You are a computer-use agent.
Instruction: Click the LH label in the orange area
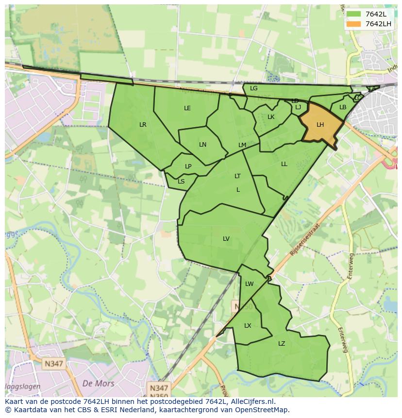click(x=320, y=125)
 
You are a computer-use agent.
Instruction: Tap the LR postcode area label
click(x=143, y=125)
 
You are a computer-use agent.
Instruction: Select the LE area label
click(x=187, y=108)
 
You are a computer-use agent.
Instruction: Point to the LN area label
click(x=202, y=145)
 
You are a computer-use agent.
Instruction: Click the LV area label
click(x=226, y=238)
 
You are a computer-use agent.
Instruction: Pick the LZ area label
click(x=282, y=344)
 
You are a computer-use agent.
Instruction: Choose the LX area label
click(x=248, y=326)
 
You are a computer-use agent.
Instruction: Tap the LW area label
click(x=249, y=284)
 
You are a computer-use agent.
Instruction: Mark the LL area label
click(x=284, y=164)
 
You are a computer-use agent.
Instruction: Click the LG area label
click(x=253, y=88)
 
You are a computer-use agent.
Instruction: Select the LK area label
click(x=271, y=117)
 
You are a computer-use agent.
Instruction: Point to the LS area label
click(x=181, y=182)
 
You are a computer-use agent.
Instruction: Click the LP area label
click(x=188, y=167)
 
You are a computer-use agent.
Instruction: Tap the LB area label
click(x=343, y=107)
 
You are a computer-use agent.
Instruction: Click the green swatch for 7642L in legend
click(x=354, y=14)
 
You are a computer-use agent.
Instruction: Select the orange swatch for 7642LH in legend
click(x=354, y=24)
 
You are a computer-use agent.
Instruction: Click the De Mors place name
click(x=99, y=384)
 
